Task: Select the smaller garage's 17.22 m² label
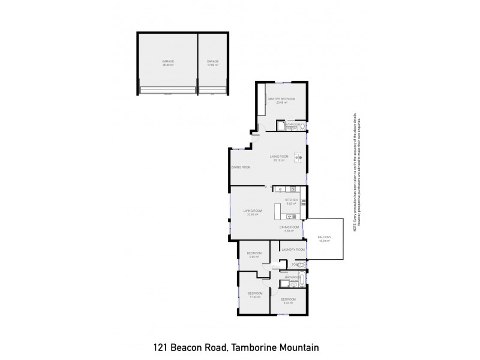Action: point(212,65)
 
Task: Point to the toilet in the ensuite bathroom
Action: point(302,126)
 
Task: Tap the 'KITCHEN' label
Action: point(292,200)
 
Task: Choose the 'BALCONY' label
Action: point(325,238)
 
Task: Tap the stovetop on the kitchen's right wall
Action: point(304,202)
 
